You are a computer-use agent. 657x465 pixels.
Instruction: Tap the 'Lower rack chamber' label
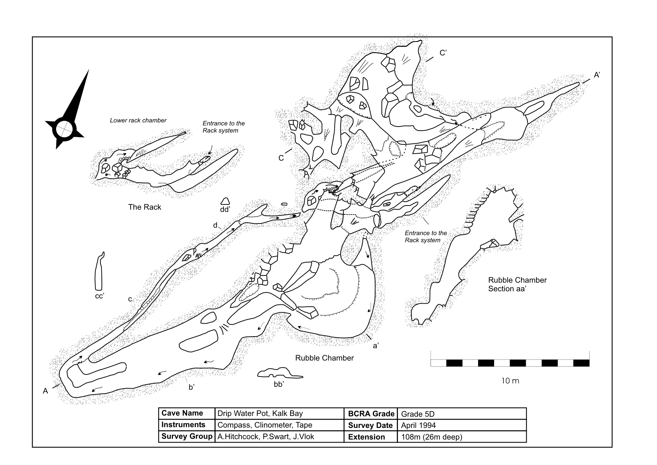(138, 120)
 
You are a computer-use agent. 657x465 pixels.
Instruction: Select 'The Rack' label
(145, 207)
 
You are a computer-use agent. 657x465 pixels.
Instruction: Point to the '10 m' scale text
(510, 381)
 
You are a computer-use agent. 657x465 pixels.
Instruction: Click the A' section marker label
(597, 75)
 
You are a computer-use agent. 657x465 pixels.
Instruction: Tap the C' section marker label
(442, 53)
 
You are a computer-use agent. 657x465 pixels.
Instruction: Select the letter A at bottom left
(46, 391)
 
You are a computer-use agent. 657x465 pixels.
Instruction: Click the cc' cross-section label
(99, 296)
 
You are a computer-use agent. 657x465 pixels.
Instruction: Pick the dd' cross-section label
(225, 210)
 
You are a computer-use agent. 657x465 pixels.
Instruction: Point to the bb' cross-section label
(279, 384)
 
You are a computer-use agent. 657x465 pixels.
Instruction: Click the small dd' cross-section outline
(225, 201)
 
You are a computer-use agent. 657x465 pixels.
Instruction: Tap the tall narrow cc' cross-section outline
(99, 273)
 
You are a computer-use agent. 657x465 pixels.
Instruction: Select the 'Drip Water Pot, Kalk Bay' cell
(260, 414)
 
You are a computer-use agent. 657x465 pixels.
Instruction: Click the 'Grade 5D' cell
(417, 414)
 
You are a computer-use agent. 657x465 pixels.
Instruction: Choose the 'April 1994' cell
(418, 425)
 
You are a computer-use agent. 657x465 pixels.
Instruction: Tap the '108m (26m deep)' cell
(431, 437)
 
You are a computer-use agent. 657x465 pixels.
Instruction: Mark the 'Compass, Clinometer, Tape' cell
(264, 425)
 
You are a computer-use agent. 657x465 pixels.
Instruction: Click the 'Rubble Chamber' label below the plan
(324, 358)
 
